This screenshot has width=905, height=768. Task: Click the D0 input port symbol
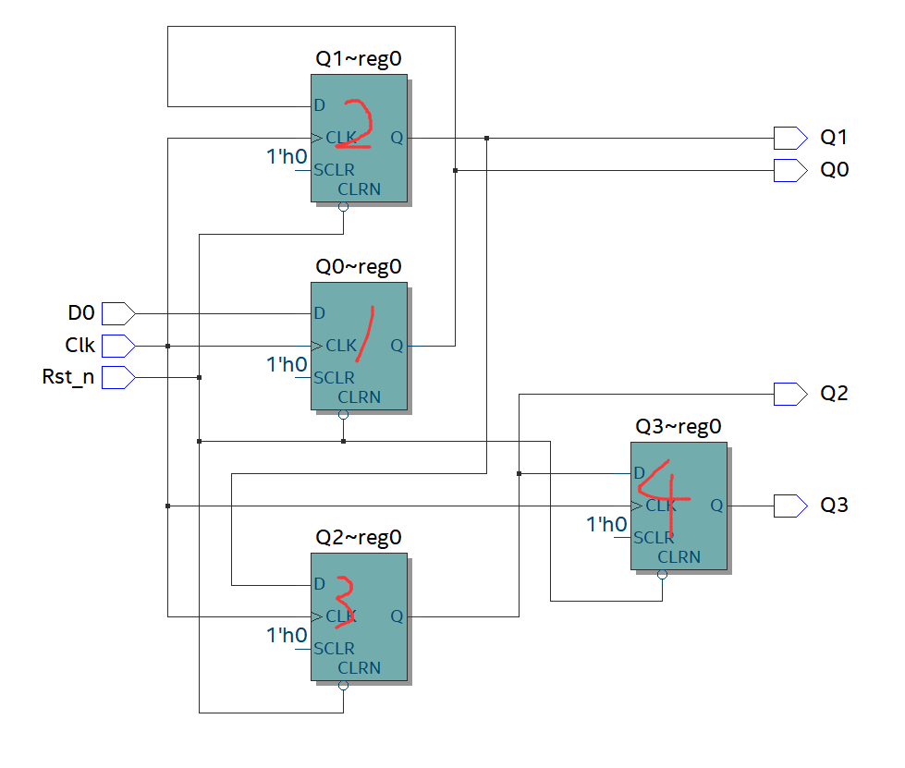[118, 313]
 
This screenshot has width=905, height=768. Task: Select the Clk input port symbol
[118, 346]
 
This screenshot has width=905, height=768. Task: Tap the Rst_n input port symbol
[118, 377]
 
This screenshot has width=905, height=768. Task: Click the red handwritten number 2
[359, 123]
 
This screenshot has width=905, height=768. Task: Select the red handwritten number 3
[344, 603]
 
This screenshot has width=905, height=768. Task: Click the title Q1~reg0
[359, 60]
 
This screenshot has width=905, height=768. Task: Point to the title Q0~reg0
[359, 267]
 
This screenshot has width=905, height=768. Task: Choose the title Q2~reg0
[359, 537]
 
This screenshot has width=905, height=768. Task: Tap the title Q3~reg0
[679, 427]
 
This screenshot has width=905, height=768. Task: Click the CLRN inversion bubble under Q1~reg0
[344, 208]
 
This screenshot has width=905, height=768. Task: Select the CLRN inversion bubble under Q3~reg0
[663, 575]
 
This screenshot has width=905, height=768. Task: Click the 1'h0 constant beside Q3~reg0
[606, 525]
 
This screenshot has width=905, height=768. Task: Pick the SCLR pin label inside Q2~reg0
[334, 648]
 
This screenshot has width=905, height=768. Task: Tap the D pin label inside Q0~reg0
[320, 313]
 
